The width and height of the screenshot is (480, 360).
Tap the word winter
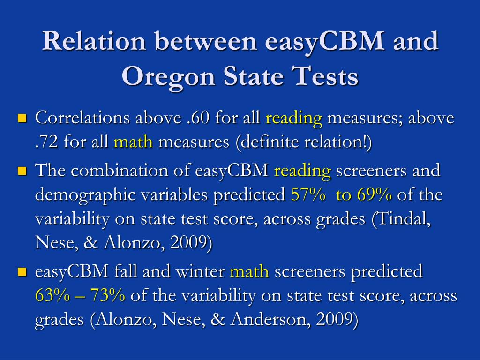click(x=200, y=271)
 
